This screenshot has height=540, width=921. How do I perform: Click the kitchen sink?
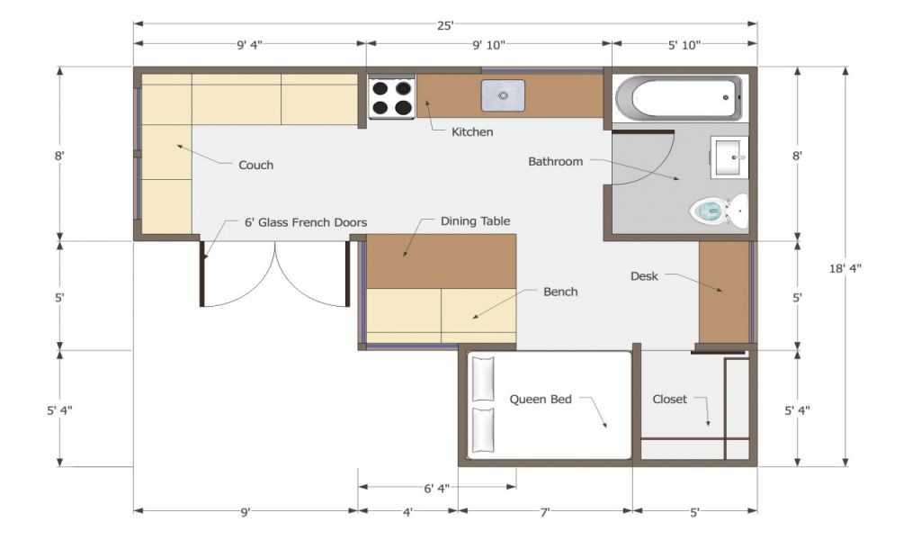(503, 95)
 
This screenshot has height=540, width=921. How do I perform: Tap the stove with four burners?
(392, 97)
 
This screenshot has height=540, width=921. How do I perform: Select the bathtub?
(678, 98)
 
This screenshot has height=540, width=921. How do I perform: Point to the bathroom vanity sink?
(730, 157)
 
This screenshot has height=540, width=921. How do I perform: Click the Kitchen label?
(472, 131)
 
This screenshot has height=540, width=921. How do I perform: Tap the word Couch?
(256, 165)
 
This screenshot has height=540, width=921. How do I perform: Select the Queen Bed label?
(541, 400)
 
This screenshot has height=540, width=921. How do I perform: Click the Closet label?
(669, 400)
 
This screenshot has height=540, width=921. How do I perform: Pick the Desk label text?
(644, 276)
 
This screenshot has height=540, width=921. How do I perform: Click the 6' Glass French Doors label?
(306, 222)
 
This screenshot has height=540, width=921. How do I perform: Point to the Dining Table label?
(475, 220)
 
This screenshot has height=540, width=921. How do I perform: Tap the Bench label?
(560, 292)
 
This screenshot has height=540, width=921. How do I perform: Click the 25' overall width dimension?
(445, 25)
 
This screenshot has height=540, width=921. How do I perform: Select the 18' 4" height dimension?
(845, 268)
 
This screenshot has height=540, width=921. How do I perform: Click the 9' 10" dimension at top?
(488, 45)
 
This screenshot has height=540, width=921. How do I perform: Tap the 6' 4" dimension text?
(436, 488)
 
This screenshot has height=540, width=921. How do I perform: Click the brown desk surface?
(724, 292)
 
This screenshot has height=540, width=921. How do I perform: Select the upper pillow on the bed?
(483, 379)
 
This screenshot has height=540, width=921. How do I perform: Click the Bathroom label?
(555, 162)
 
